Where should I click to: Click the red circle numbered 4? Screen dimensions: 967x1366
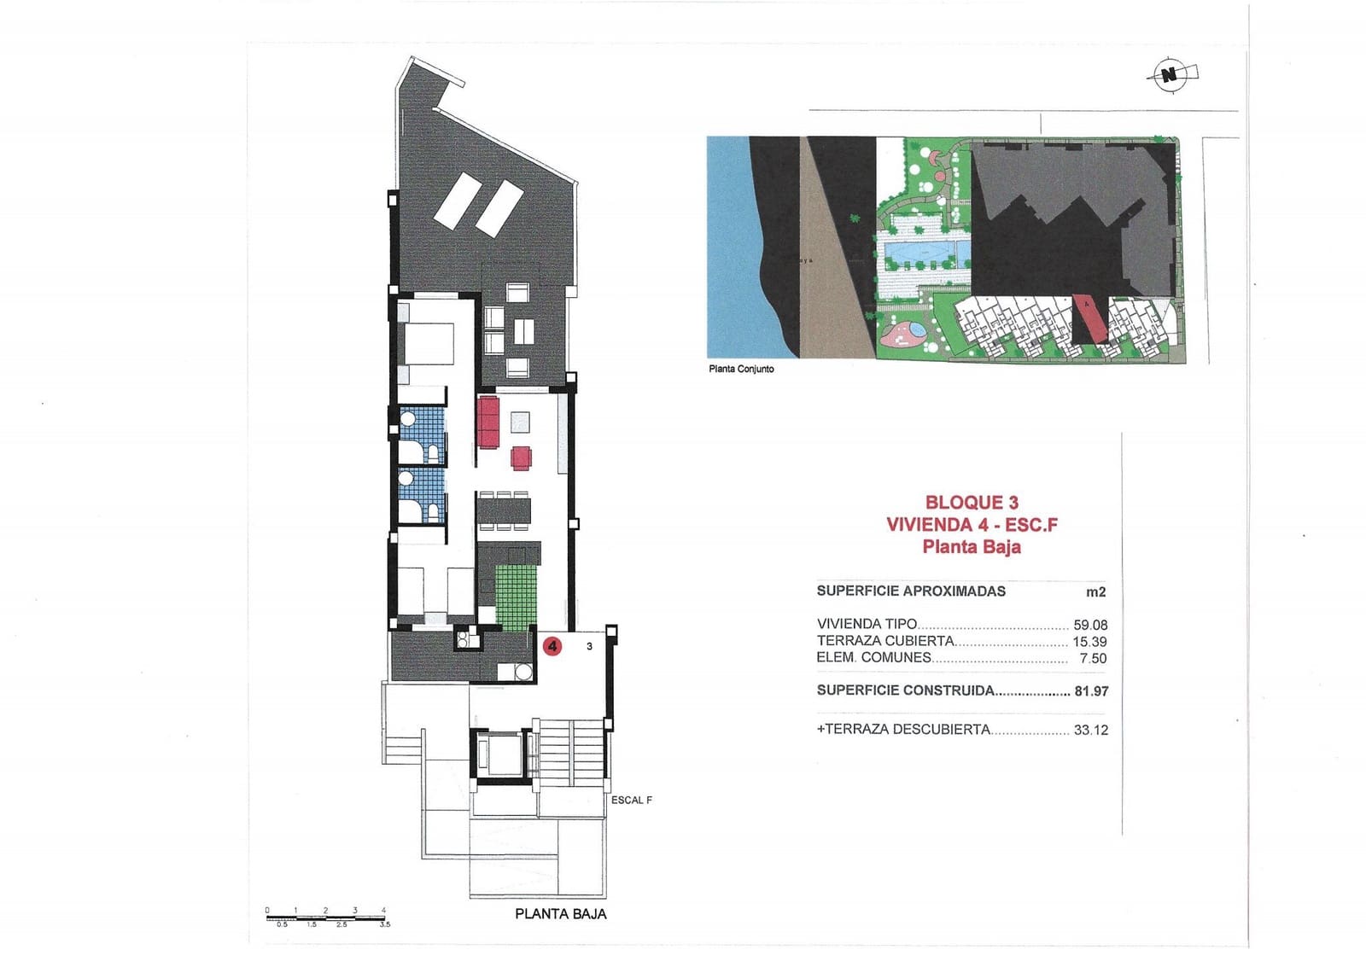pos(553,646)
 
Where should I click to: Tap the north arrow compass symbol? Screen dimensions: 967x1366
pos(1170,75)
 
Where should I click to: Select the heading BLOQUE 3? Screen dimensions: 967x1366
pos(972,503)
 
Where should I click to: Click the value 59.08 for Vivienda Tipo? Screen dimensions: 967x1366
pos(1090,625)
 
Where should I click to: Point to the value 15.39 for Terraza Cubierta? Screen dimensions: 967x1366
pos(1089,642)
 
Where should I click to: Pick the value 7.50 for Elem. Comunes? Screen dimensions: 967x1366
pos(1093,658)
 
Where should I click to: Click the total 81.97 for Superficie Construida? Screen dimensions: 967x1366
pos(1090,691)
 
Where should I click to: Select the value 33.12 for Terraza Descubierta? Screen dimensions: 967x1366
pos(1090,730)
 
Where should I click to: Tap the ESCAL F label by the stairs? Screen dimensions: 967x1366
pos(632,800)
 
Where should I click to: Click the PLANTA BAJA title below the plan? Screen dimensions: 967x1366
pos(561,913)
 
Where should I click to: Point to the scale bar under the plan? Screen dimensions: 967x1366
pos(325,918)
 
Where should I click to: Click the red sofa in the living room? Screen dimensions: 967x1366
pos(488,422)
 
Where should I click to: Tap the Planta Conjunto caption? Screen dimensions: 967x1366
pos(741,369)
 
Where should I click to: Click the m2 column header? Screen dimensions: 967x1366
pos(1095,591)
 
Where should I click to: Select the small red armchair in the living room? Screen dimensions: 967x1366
pos(521,458)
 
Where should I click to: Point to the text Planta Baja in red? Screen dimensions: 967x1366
pos(972,547)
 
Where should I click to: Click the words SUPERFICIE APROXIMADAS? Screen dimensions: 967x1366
pos(911,591)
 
